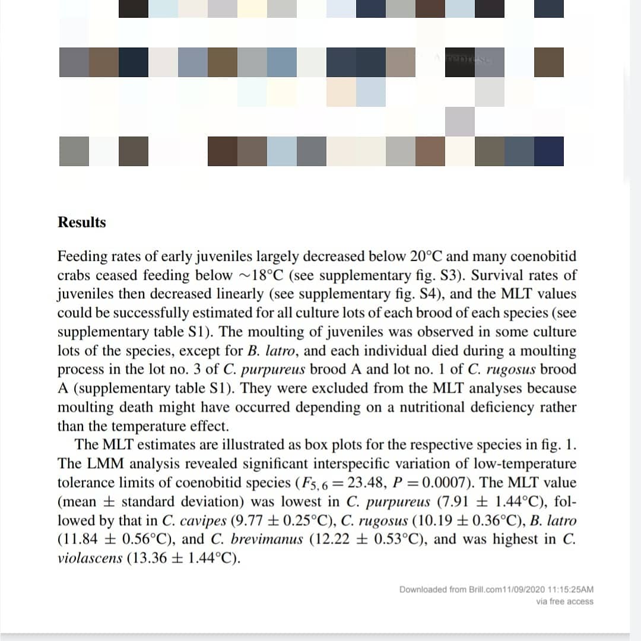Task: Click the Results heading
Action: coord(81,223)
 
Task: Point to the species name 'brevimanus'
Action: coord(267,540)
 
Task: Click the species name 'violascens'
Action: coord(89,559)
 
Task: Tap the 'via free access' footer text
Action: coord(564,601)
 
